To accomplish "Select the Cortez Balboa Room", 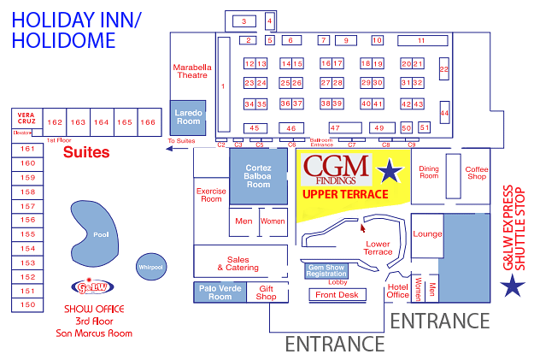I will click(x=258, y=176).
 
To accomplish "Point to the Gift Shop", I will click(x=267, y=292).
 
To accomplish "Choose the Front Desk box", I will click(x=337, y=294).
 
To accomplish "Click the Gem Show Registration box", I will click(x=326, y=270).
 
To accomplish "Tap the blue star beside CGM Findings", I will click(x=390, y=172).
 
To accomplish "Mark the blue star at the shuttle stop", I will click(x=513, y=286).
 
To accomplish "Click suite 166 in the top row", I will click(x=148, y=122).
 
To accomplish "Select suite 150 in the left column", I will click(x=28, y=304).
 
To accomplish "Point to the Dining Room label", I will click(x=429, y=173).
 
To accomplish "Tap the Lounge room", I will click(x=427, y=233).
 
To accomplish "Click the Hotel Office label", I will click(x=398, y=291).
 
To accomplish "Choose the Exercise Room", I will click(x=211, y=195).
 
